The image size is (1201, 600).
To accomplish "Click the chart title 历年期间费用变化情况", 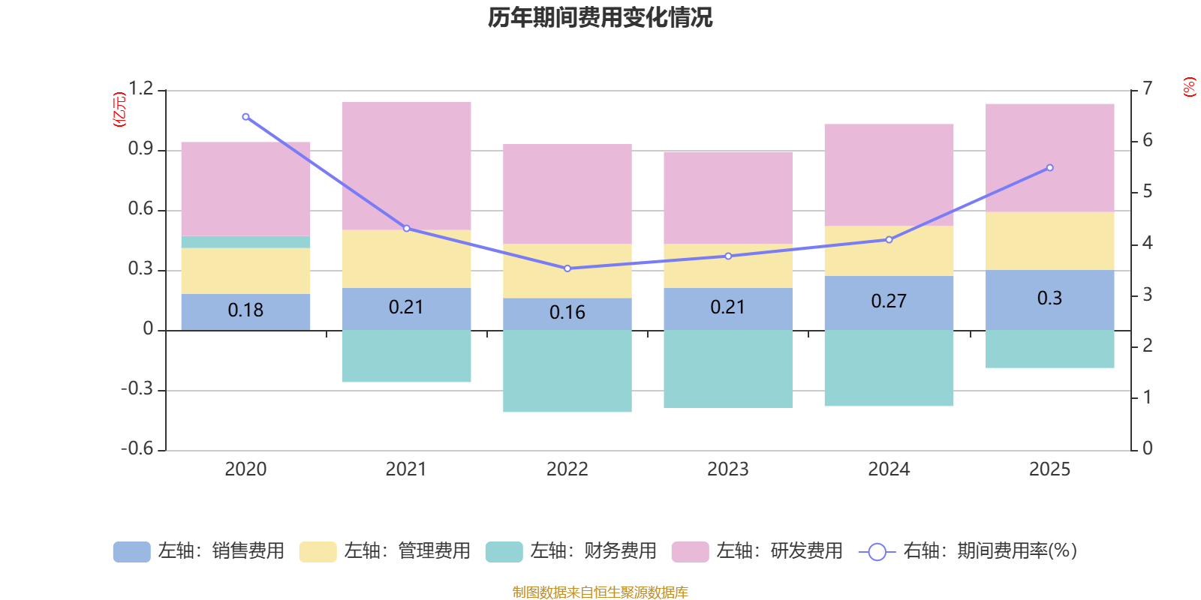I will [600, 17].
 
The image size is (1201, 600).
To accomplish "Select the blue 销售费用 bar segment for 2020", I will [245, 311].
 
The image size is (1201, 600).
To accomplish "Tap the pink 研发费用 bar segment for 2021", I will [406, 165].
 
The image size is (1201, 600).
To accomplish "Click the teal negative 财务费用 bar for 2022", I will [567, 371].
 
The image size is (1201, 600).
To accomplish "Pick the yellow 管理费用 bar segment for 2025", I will [1049, 241].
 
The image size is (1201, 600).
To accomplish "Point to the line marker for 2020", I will [245, 117].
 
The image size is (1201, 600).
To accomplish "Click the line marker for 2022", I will [567, 268].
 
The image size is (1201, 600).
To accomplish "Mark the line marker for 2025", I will [1049, 168].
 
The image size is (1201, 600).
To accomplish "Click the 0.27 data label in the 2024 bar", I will [889, 301].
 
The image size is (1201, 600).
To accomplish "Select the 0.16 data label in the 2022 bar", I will [567, 313].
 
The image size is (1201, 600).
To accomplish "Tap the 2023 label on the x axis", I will [727, 469].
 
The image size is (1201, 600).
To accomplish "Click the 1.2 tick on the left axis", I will [140, 89].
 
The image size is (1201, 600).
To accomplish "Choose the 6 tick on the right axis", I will [1147, 140].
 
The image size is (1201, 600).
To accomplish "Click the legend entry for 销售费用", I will [199, 551].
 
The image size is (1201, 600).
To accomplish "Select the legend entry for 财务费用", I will [571, 551].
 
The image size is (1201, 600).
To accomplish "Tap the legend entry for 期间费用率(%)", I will [968, 551].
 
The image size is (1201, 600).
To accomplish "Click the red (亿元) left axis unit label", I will [119, 109].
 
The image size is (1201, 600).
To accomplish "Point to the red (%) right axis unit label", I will [1189, 87].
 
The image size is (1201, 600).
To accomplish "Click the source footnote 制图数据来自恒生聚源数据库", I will [600, 592].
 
